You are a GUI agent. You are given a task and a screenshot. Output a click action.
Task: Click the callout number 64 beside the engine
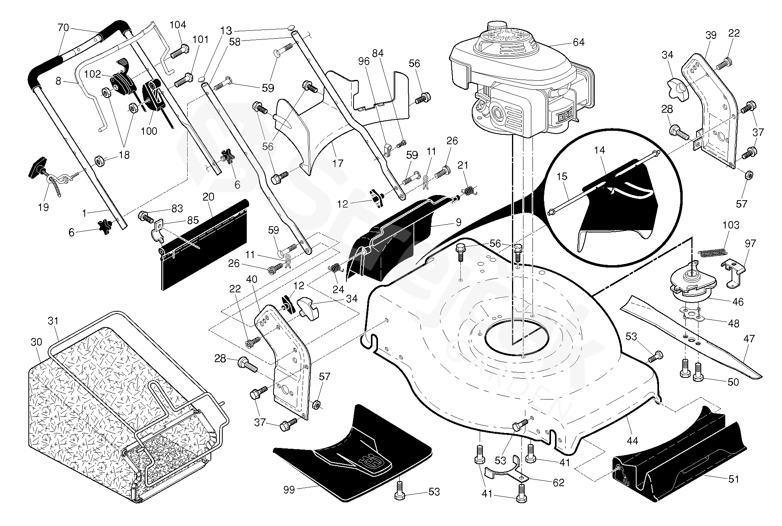tap(578, 42)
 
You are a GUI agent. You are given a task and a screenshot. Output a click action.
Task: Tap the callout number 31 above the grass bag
tap(53, 321)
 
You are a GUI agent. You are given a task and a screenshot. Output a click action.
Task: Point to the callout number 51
tap(733, 479)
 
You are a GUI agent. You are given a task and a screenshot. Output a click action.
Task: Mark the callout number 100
tap(149, 131)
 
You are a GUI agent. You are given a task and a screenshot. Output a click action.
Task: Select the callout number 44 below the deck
tap(632, 440)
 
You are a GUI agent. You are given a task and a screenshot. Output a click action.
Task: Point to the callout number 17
tap(337, 163)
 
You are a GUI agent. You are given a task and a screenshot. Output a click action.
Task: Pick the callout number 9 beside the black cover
tap(458, 222)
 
